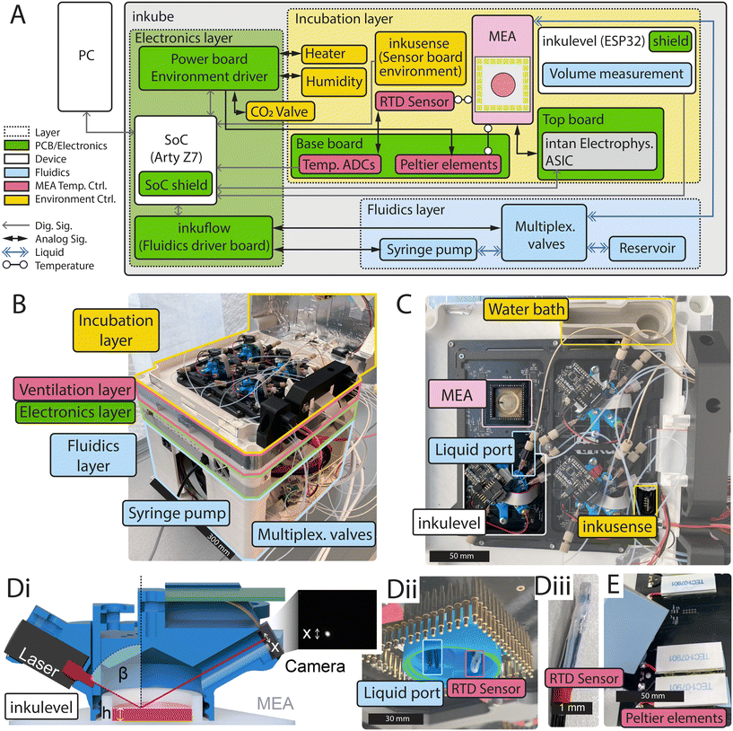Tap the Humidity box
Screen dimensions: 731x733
point(334,81)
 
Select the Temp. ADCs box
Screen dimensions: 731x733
point(334,164)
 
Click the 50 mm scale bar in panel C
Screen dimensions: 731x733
point(456,556)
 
